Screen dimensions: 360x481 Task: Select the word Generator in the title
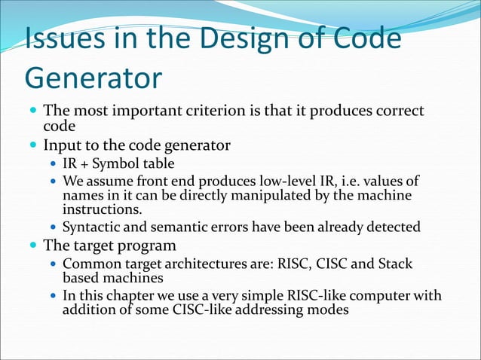pos(93,78)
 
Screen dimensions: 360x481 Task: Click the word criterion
pos(206,112)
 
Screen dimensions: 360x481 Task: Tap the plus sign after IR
pos(87,163)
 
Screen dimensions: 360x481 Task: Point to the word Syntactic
pos(93,227)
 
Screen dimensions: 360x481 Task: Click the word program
pos(147,245)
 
